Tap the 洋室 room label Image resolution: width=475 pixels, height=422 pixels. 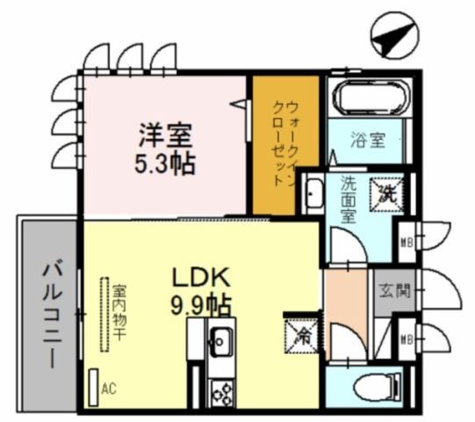click(x=164, y=136)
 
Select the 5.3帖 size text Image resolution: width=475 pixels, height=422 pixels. click(x=165, y=164)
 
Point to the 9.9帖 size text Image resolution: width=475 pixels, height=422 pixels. click(x=200, y=305)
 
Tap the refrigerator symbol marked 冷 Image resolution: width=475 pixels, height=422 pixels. click(x=299, y=334)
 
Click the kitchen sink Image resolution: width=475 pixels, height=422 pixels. click(x=220, y=339)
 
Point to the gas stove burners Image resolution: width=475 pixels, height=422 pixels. click(x=220, y=393)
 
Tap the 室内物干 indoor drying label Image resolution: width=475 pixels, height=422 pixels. click(x=118, y=312)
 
